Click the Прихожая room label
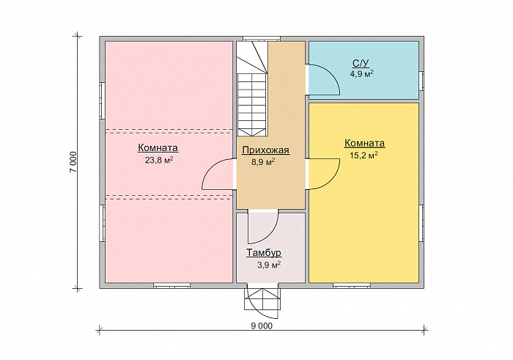point(265,150)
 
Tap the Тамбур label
point(264,253)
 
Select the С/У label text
point(361,63)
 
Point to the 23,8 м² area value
point(159,160)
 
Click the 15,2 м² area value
point(363,155)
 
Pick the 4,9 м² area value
point(362,73)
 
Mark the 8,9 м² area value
point(263,162)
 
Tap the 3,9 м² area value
point(269,265)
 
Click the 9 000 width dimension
point(262,326)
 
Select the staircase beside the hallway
point(252,89)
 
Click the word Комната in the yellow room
point(364,144)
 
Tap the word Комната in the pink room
point(158,147)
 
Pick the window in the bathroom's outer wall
point(421,81)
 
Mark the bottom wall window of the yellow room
point(352,286)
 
